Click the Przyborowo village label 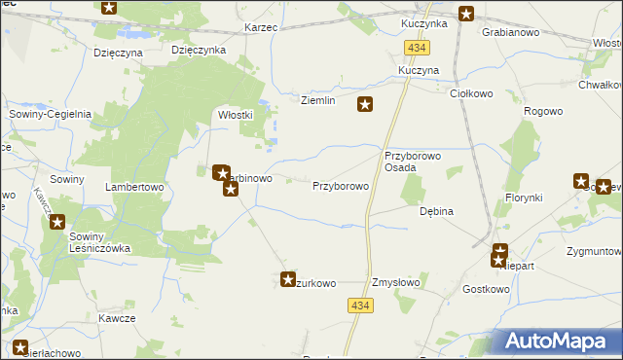tap(340, 185)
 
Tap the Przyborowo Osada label tap(414, 162)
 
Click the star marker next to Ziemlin tap(365, 105)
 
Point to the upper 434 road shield tap(418, 48)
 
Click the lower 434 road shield tap(359, 306)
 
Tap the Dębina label tap(436, 210)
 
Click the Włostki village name tap(235, 114)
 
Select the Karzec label tap(261, 28)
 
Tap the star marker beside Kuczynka tap(466, 14)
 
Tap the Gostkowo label tap(486, 289)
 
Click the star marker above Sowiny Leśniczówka tap(57, 221)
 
